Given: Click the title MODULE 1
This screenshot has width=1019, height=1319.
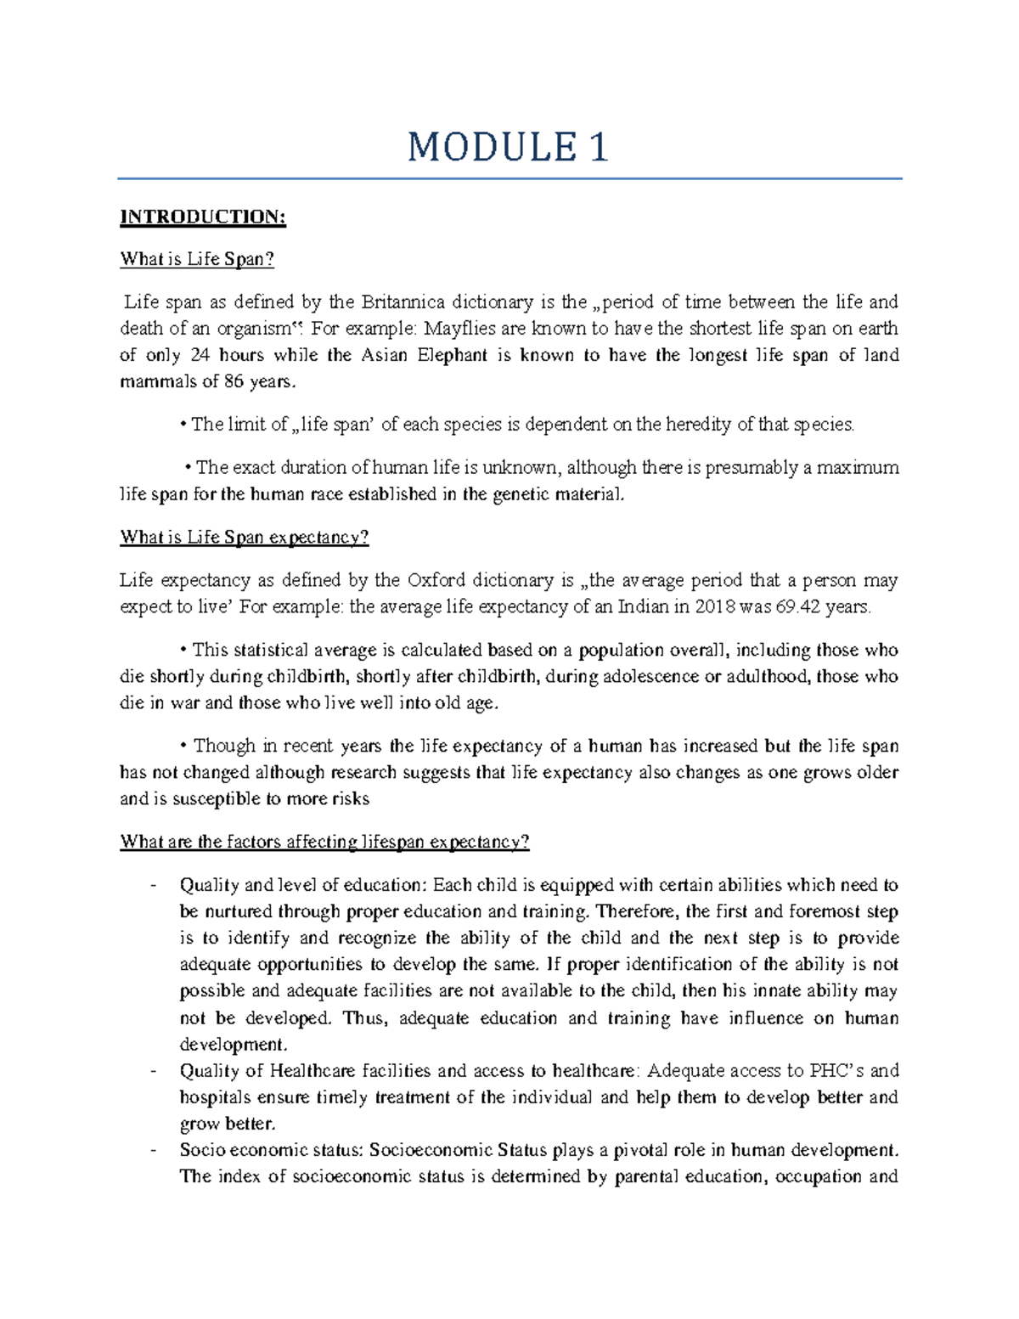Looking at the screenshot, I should [x=508, y=148].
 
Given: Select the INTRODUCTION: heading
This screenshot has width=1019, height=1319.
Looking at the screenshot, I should [x=203, y=217].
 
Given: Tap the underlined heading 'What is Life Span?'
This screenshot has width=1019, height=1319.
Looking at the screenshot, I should [x=197, y=260].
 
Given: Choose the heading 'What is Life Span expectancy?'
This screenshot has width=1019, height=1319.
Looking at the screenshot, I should [x=245, y=538].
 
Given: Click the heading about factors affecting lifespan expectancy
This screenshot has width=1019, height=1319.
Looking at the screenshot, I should [x=324, y=843].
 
